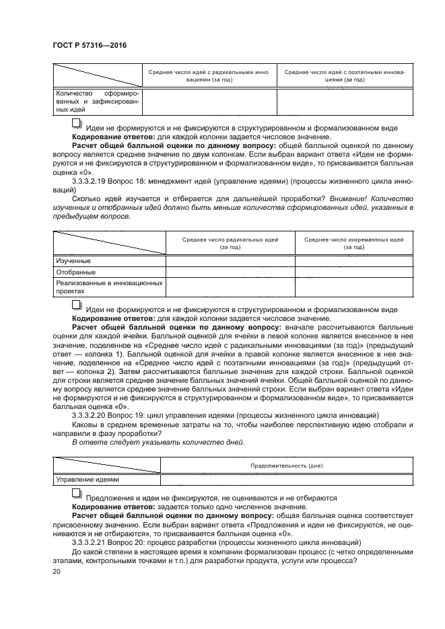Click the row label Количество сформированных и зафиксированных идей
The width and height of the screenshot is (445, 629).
coord(98,101)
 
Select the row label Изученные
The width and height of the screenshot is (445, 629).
coord(73,260)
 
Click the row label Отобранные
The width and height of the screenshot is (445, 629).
coord(75,272)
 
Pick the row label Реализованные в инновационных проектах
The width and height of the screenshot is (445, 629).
coord(108,287)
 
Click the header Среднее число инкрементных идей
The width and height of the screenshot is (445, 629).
coord(353,243)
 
